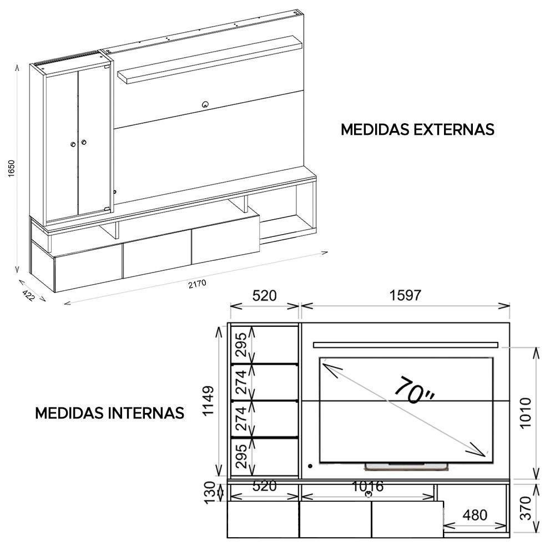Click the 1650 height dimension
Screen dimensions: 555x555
pos(11,169)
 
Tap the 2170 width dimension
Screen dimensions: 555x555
pos(197,284)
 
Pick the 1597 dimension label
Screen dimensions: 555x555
pos(405,295)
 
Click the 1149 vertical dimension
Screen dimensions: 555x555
pos(209,401)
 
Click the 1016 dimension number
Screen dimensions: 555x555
pos(367,487)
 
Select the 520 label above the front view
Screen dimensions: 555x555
pos(264,295)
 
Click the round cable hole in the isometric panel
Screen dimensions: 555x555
pos(205,103)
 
